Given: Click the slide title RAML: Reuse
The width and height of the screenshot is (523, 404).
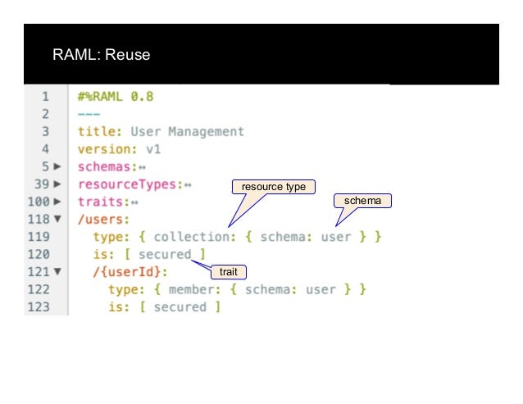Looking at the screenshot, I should pos(102,56).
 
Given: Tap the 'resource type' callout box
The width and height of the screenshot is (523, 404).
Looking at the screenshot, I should pos(273,187).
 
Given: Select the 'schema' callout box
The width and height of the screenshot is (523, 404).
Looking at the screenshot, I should pos(362,200).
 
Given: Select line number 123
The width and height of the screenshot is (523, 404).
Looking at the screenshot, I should pos(41,307).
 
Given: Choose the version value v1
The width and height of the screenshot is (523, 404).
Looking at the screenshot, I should pos(152,149).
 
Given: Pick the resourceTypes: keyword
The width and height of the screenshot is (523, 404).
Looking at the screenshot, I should pos(130,184).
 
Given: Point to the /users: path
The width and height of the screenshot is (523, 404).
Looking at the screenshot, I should pos(103,219).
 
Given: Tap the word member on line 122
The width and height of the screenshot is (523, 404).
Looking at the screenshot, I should pos(194,289).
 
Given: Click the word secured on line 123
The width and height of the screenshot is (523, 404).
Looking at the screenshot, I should pos(180,307).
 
